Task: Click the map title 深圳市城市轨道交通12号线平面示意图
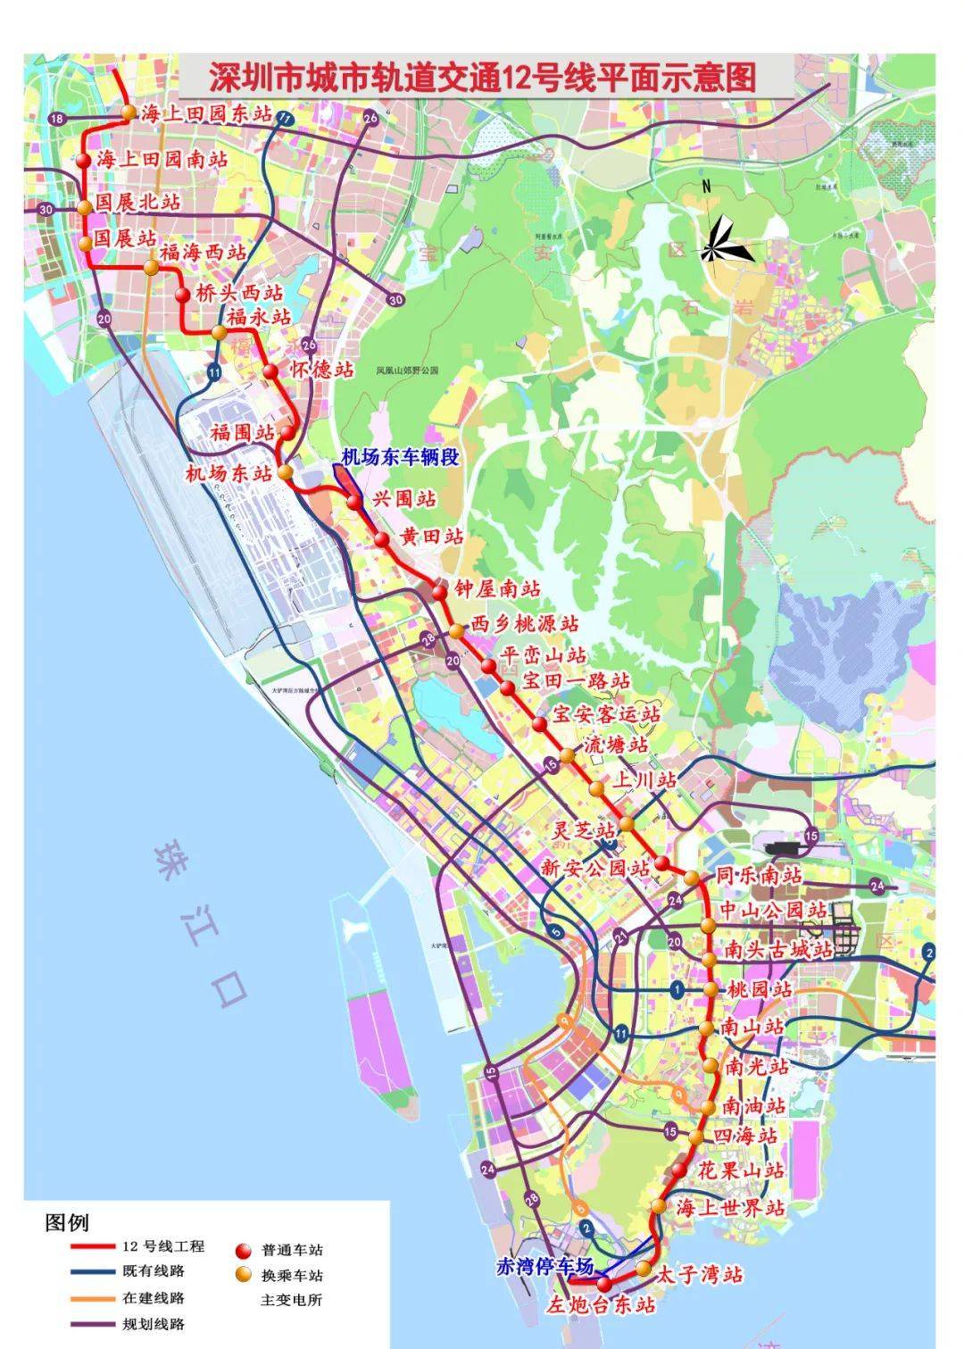tap(483, 78)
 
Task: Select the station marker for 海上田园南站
tap(83, 161)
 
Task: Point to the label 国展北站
tap(137, 203)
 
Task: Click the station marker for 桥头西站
tap(182, 295)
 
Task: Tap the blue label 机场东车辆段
tap(401, 457)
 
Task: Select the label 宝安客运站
tap(607, 714)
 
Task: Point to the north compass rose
tap(721, 239)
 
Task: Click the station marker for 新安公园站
tap(662, 863)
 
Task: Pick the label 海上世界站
tap(731, 1207)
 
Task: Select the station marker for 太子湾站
tap(644, 1269)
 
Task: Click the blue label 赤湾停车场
tap(544, 1265)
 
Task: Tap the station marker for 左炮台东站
tap(604, 1285)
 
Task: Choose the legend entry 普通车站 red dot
tap(244, 1250)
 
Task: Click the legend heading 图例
tap(67, 1222)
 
